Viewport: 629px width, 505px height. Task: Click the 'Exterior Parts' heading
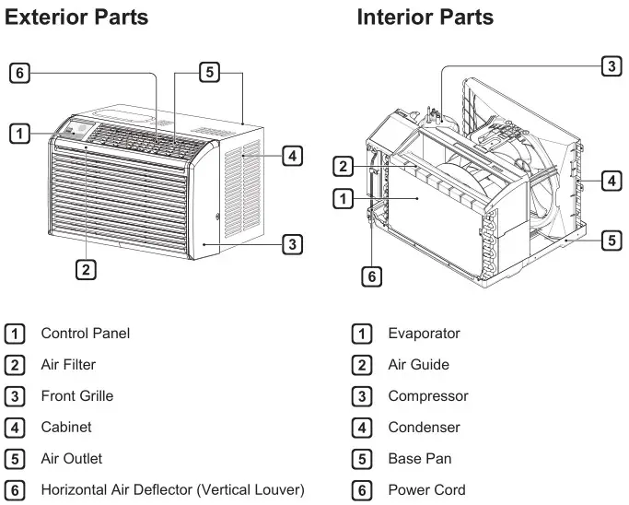coord(76,18)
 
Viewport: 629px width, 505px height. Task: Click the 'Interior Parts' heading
coord(425,18)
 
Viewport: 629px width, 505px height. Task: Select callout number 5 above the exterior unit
coord(210,72)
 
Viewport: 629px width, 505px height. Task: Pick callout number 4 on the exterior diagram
coord(291,156)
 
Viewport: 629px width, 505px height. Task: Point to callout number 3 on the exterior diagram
coord(291,244)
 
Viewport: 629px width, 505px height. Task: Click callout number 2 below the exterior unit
coord(85,269)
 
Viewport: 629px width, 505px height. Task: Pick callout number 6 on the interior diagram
coord(370,276)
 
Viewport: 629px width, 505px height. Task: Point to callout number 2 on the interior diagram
coord(343,167)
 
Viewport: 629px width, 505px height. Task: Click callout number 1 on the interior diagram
coord(343,197)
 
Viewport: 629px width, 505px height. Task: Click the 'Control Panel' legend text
coord(86,334)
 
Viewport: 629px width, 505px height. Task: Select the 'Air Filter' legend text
coord(68,365)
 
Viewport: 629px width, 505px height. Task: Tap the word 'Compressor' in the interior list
coord(428,396)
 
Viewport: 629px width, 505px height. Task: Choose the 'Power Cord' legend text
coord(426,490)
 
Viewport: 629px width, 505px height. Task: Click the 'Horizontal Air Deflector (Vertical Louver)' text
coord(172,490)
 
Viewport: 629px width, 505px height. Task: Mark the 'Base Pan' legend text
coord(420,459)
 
